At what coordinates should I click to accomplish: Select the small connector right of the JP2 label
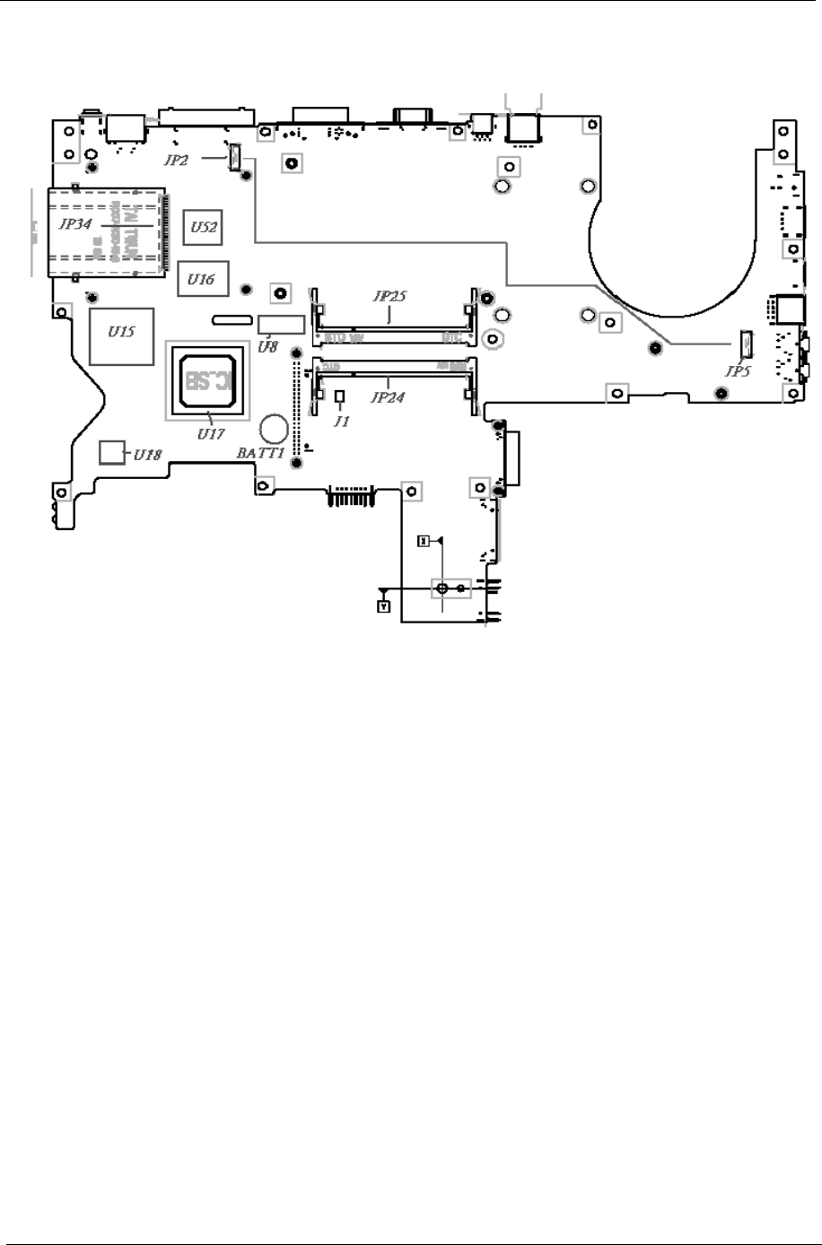click(232, 155)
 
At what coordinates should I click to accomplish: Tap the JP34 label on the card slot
click(74, 224)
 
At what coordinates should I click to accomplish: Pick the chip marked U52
click(203, 228)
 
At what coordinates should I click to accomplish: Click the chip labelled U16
click(201, 278)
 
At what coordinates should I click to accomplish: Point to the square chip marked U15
click(122, 335)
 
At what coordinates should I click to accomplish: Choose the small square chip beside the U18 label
click(110, 452)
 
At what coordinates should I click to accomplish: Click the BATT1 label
click(259, 454)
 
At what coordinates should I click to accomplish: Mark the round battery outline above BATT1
click(273, 429)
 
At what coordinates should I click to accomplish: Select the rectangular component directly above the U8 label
click(277, 325)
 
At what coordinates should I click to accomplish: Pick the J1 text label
click(339, 421)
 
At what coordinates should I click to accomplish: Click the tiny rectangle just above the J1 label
click(339, 396)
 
